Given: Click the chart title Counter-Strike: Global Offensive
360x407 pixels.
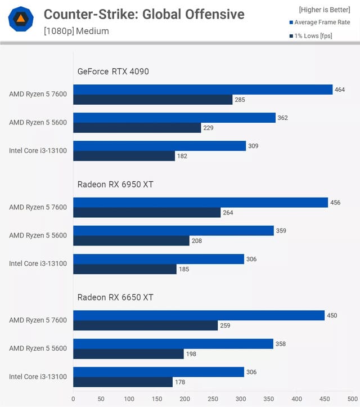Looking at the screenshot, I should click(x=144, y=14).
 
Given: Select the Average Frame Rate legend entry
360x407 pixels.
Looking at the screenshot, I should click(x=322, y=23).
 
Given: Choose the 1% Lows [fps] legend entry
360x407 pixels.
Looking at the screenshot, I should click(x=319, y=36).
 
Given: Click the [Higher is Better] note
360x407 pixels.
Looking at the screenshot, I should click(x=324, y=9).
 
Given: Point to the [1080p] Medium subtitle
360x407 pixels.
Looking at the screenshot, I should click(x=76, y=31).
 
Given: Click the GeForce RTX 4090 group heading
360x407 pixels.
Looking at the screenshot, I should click(x=113, y=71).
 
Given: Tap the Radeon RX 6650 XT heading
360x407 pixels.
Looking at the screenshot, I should click(x=115, y=297).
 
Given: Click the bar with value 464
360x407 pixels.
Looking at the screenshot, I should click(x=202, y=90).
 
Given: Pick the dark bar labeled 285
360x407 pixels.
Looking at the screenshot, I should click(x=152, y=100).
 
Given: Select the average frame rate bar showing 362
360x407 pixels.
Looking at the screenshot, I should click(x=174, y=118).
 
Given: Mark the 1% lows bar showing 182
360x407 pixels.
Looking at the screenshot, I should click(x=124, y=156).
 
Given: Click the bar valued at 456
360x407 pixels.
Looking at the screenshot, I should click(x=200, y=203).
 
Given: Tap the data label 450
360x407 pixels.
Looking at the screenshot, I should click(x=332, y=315).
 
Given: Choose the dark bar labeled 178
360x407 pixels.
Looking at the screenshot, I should click(x=123, y=382).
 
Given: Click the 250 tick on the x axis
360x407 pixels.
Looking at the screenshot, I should click(x=213, y=399).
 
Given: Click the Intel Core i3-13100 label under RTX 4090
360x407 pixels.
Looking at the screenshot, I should click(x=38, y=150).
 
